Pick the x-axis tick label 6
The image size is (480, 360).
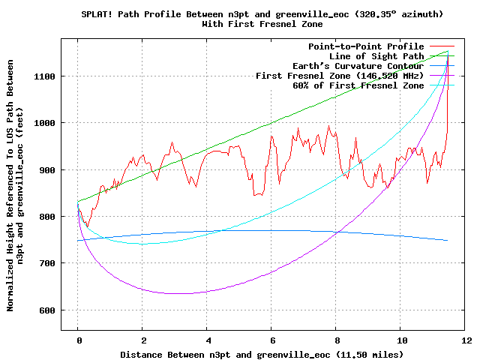point(271,340)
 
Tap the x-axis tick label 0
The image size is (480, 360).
point(77,340)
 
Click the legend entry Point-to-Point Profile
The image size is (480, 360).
point(366,46)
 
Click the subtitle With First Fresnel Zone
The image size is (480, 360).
point(260,24)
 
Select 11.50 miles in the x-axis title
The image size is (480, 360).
point(372,354)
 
